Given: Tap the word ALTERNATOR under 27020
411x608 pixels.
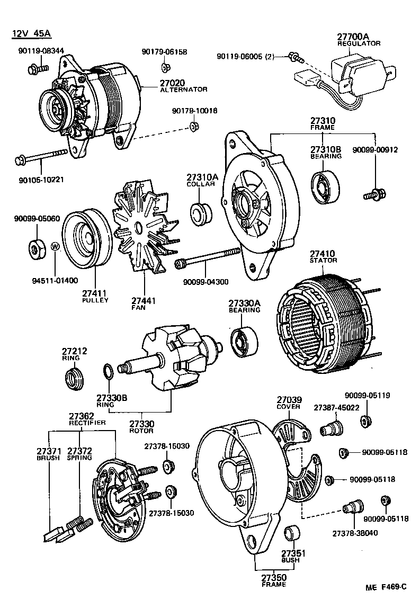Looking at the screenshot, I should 183,90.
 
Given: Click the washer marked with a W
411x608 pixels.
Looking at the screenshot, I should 55,247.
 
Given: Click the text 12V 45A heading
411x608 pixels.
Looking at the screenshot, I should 31,34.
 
